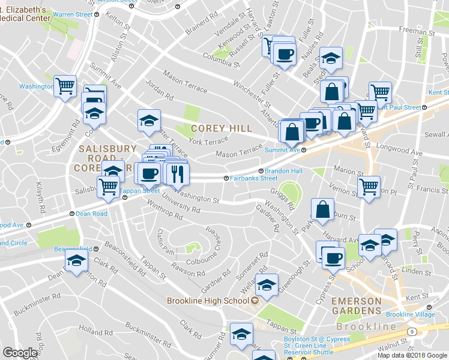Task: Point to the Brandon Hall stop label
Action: (283, 171)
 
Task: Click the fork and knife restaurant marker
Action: (176, 174)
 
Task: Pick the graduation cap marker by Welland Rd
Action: (268, 283)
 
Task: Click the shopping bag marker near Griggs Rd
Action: (323, 209)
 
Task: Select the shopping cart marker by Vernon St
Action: (368, 186)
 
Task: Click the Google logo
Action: (20, 353)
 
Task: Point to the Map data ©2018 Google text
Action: (412, 355)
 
